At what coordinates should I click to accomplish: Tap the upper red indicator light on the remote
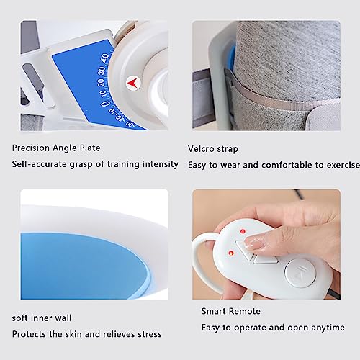tap(243, 232)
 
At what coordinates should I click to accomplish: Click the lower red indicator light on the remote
tap(231, 253)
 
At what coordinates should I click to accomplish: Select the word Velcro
tap(201, 148)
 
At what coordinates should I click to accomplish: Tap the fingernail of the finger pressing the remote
tap(253, 243)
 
